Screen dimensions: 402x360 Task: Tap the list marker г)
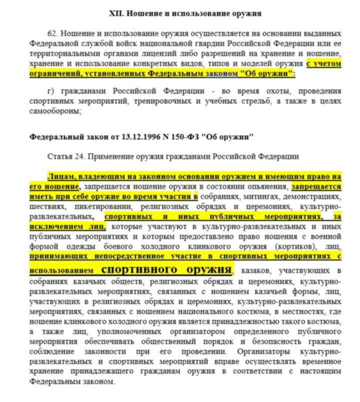coord(50,92)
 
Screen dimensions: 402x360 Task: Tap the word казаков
coord(255,271)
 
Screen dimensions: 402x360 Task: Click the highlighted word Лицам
coord(59,177)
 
